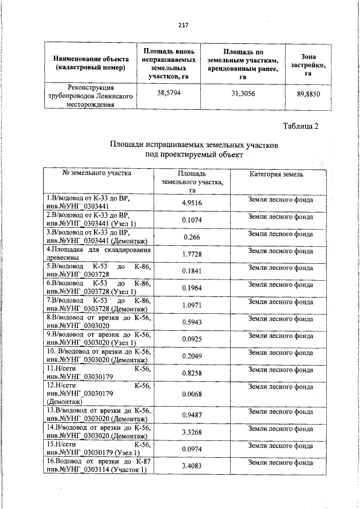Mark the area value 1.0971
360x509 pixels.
[192, 304]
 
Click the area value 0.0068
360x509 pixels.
[192, 394]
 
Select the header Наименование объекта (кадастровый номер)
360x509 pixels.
[91, 63]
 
